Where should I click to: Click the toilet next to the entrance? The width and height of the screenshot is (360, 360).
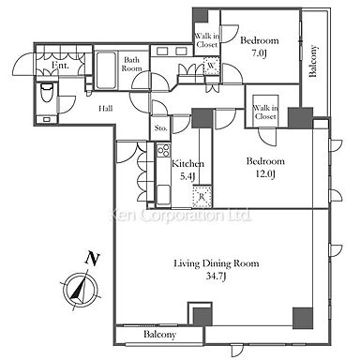click(x=47, y=92)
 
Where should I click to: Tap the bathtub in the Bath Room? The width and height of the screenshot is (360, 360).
click(x=106, y=70)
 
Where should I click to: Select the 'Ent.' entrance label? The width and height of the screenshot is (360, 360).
click(x=60, y=65)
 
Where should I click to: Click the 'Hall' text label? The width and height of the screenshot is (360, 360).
click(x=106, y=109)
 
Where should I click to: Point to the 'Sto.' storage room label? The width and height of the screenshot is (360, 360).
click(x=160, y=128)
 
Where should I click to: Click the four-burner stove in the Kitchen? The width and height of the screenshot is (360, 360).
click(x=163, y=150)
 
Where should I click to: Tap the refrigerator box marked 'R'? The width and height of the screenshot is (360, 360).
click(x=202, y=197)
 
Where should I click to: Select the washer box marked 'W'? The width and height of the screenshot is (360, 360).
click(x=212, y=66)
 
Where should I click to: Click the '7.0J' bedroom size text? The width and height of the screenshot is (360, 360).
click(x=259, y=53)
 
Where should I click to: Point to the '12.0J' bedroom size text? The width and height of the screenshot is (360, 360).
click(x=265, y=174)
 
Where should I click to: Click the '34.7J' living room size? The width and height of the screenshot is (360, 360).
click(x=216, y=277)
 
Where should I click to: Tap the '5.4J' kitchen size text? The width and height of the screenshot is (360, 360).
click(x=187, y=177)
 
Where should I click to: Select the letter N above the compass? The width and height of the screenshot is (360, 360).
click(x=93, y=259)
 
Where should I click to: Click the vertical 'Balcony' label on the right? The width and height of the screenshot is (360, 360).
click(x=313, y=61)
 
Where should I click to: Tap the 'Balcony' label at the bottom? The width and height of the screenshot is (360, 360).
click(x=159, y=335)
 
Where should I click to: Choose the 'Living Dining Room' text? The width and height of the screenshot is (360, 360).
click(x=217, y=263)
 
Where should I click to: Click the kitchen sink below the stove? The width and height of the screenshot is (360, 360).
click(x=163, y=194)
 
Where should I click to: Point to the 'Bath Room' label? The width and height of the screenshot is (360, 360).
click(x=131, y=64)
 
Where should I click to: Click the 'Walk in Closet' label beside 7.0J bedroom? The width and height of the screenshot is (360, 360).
click(x=206, y=40)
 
